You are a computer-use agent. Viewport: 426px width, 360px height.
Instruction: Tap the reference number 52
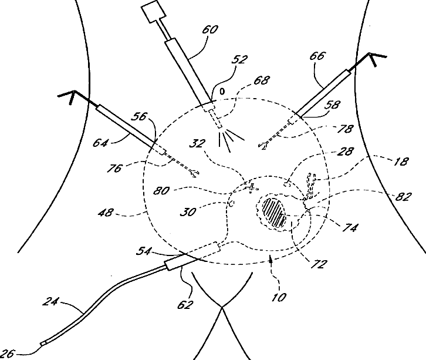pos(239,59)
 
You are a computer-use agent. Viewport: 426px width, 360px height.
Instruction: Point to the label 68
pos(263,79)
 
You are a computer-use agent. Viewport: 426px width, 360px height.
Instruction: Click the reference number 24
pos(53,304)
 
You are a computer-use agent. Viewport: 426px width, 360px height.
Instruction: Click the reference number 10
pos(280,297)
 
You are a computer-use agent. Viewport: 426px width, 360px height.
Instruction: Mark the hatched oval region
pos(275,210)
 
